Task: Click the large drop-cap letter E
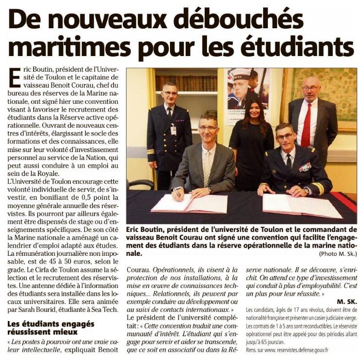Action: point(15,78)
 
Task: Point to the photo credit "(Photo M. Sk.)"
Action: point(338,254)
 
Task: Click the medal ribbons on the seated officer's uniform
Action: point(305,167)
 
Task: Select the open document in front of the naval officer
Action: point(302,205)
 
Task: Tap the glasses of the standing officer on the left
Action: point(170,93)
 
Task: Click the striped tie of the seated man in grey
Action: point(208,166)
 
